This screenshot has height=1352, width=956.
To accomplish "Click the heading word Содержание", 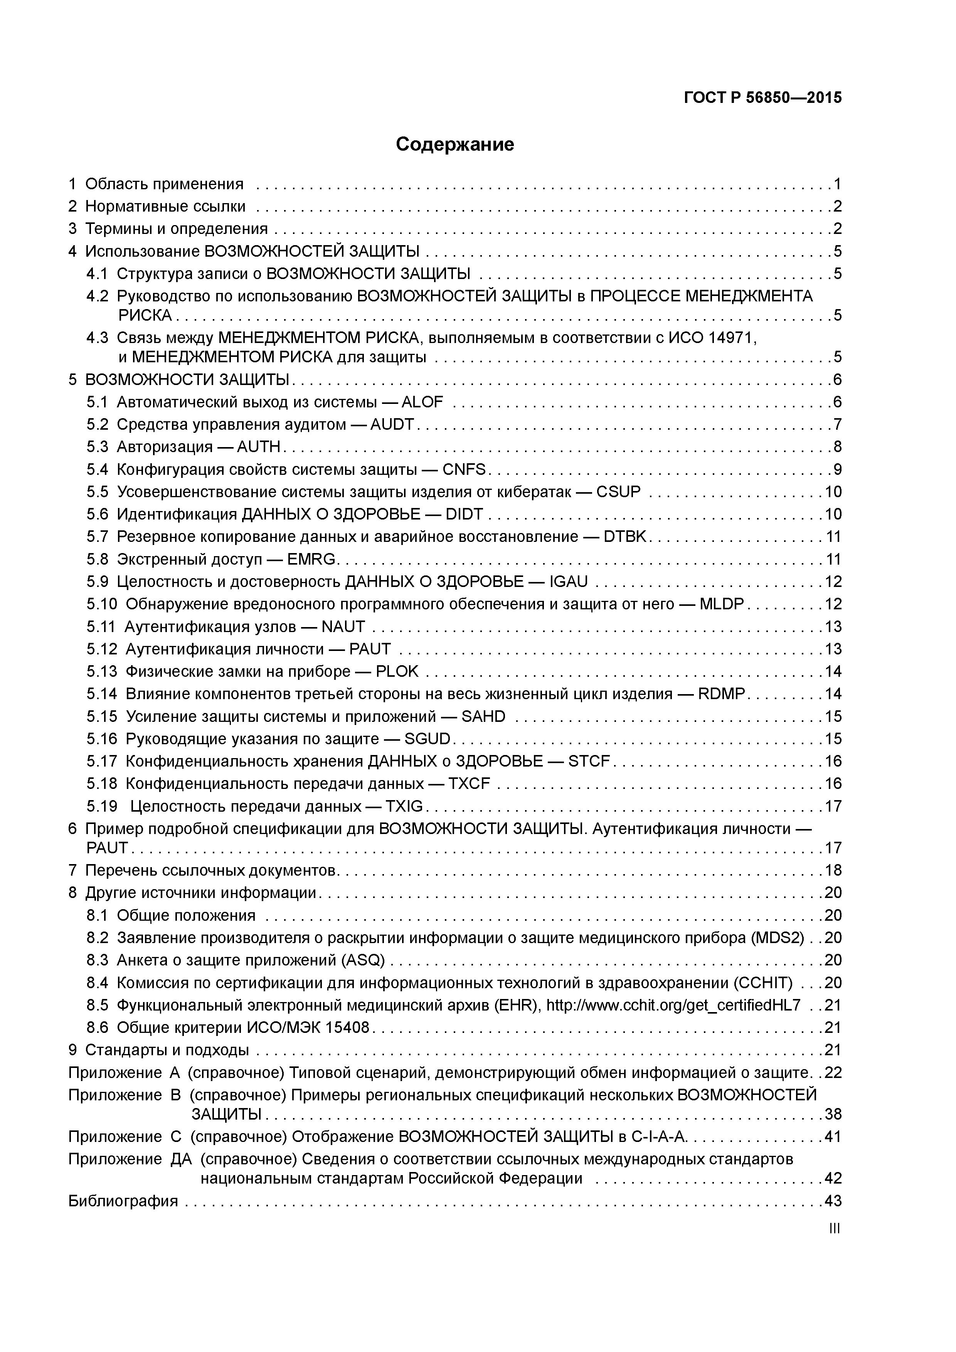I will [x=455, y=144].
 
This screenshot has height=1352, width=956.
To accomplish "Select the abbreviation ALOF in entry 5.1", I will [x=422, y=402].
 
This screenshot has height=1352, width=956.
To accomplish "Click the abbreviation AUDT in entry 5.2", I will [x=392, y=425].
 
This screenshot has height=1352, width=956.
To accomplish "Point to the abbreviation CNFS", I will [x=464, y=469].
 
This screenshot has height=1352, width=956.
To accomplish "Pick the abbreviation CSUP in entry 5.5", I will [x=618, y=492].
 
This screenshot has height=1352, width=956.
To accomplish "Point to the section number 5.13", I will [x=102, y=671].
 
